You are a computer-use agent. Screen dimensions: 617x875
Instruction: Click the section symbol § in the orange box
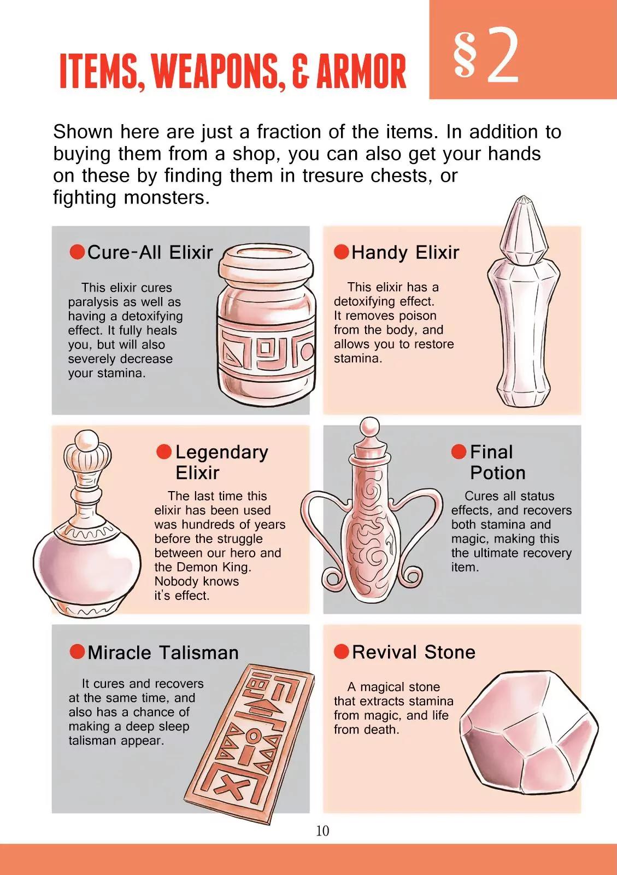tap(465, 54)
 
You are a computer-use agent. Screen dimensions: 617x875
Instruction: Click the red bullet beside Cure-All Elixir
tap(77, 252)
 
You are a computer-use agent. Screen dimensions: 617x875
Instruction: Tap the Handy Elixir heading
tap(405, 252)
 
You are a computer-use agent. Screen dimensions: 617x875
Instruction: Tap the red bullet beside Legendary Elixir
tap(164, 452)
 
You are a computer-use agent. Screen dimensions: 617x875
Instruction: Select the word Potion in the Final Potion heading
tap(497, 473)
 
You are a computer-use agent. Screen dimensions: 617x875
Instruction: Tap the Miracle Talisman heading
tap(163, 653)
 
